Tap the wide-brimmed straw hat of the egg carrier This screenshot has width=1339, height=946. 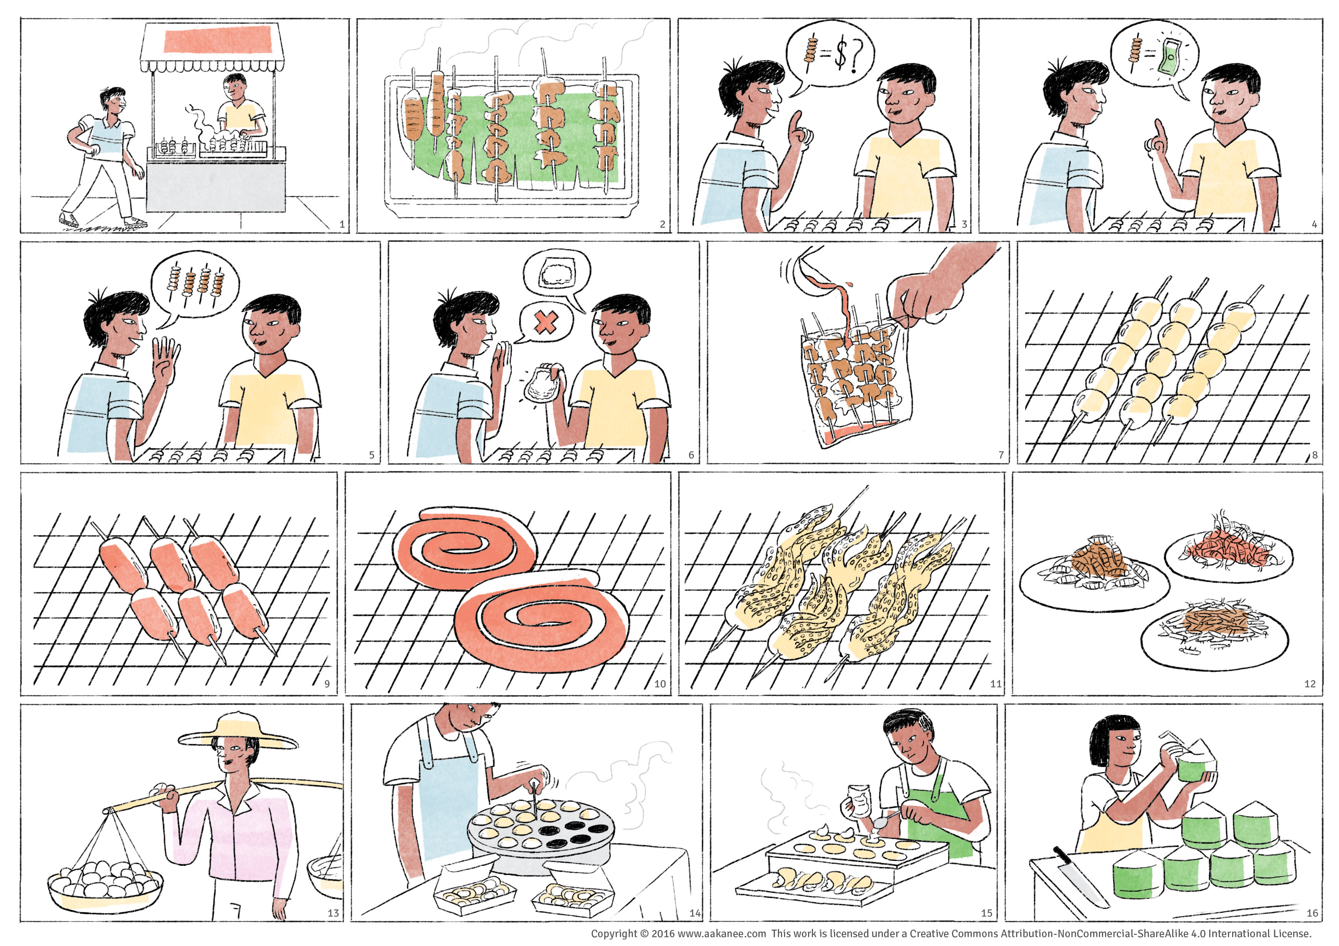(237, 731)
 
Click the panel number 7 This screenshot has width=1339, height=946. (1001, 455)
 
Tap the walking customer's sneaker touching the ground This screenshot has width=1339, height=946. (135, 222)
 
